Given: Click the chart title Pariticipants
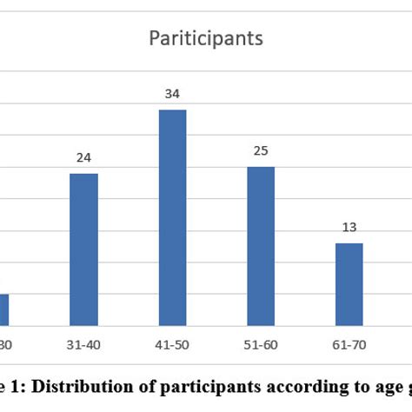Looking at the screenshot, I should [x=206, y=38].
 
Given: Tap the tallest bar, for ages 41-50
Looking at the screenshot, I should [x=172, y=217].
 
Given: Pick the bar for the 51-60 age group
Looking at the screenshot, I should [x=261, y=246].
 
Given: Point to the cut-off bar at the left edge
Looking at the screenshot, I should [x=3, y=309].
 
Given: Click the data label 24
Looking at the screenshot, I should [x=83, y=157].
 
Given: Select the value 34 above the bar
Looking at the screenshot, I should [x=172, y=93].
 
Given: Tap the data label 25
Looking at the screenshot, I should [x=261, y=151].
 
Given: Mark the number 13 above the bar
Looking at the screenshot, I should [x=349, y=228].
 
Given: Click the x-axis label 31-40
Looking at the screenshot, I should [x=83, y=345].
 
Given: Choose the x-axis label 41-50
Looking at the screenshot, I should [x=172, y=345].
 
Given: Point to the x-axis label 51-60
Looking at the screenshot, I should [x=261, y=345].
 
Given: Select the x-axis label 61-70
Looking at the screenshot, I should [x=349, y=345].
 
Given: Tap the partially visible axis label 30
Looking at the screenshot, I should [x=5, y=345].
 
